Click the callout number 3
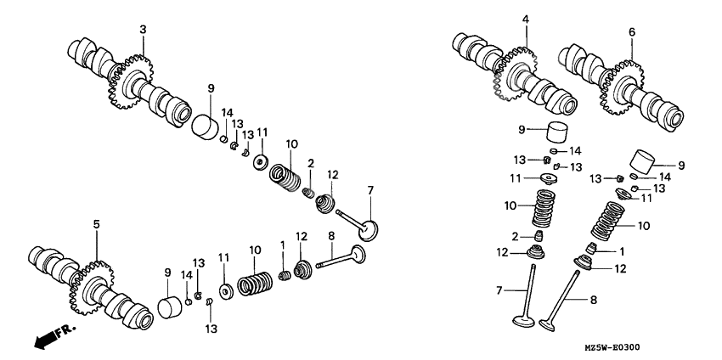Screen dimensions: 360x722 point(143,30)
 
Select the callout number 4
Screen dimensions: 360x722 point(526,19)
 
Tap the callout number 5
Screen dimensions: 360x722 point(96,224)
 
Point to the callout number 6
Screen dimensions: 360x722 point(632,31)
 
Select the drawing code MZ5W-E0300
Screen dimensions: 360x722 point(666,347)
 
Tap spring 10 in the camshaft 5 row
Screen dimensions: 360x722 point(253,283)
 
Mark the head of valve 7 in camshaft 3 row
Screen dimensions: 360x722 point(370,228)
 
